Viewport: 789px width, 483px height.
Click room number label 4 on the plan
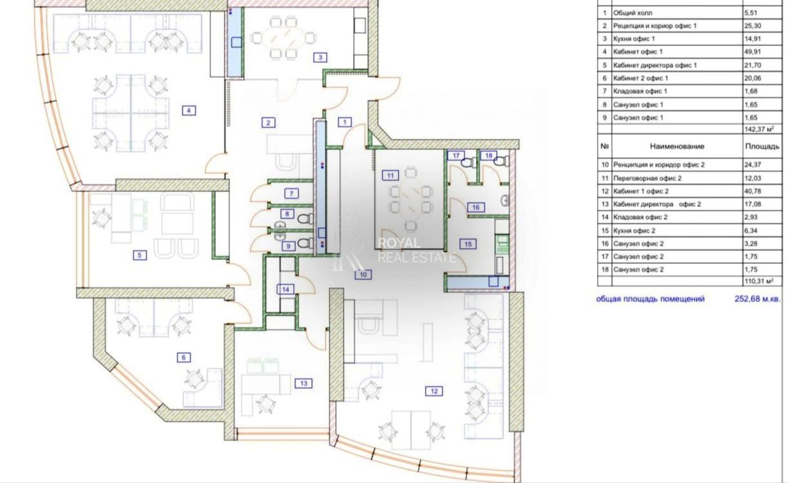(x=189, y=110)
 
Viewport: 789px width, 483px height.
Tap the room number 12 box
(x=434, y=391)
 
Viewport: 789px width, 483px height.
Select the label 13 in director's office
(x=303, y=384)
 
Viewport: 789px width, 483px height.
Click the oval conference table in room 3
(x=282, y=38)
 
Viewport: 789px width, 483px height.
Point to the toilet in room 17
(x=467, y=162)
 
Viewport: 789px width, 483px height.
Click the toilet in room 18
(x=499, y=162)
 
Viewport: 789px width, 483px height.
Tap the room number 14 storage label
(x=286, y=289)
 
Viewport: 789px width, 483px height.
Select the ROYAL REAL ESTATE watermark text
(x=415, y=250)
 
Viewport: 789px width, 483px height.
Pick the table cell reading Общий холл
(x=633, y=12)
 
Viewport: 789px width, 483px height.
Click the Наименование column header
(x=677, y=146)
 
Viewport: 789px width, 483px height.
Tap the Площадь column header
(x=762, y=146)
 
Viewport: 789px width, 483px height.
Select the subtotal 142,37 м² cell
(x=759, y=130)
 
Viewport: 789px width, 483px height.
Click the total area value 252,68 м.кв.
(x=757, y=299)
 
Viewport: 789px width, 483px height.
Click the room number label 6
(x=183, y=357)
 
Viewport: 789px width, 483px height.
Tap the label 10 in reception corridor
(x=363, y=274)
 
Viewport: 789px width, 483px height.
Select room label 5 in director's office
(x=139, y=255)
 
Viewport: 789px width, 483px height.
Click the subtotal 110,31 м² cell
(x=759, y=281)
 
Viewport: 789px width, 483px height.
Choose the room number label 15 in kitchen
(x=468, y=244)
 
